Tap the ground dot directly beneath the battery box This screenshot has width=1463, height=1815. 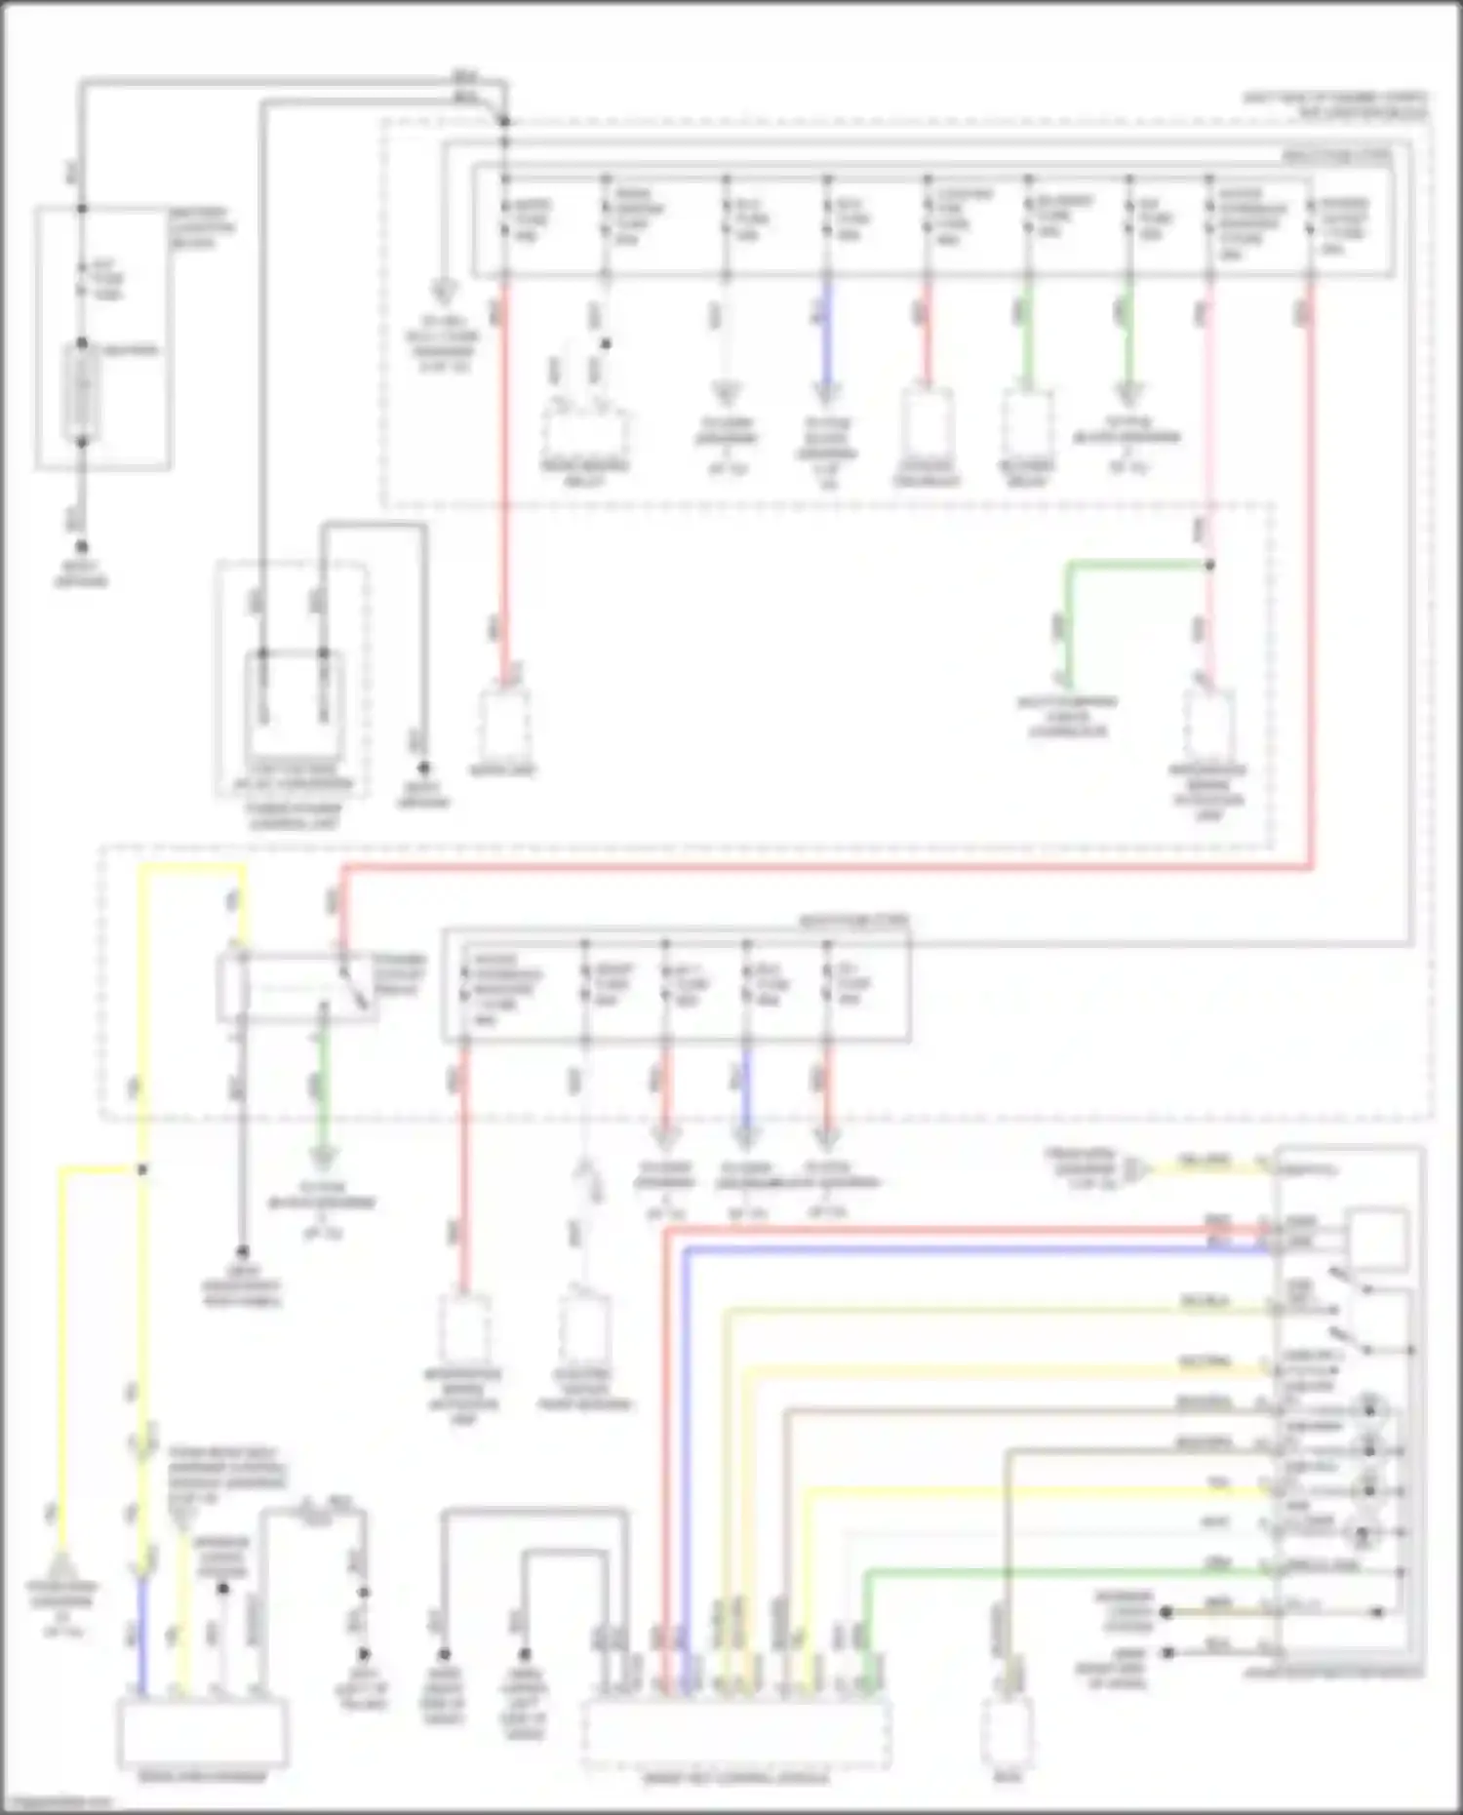coord(82,547)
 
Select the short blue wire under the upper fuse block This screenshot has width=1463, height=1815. coord(827,332)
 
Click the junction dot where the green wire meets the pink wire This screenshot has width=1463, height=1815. coord(1209,565)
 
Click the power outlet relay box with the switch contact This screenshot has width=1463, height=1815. coord(297,987)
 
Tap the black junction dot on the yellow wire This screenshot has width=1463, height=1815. coord(142,1168)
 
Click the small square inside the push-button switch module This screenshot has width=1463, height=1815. coord(1376,1239)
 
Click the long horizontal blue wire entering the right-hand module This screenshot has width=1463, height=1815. coord(975,1250)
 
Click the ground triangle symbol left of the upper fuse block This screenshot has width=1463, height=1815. coord(443,291)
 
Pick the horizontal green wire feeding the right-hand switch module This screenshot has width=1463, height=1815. coord(1073,1571)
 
